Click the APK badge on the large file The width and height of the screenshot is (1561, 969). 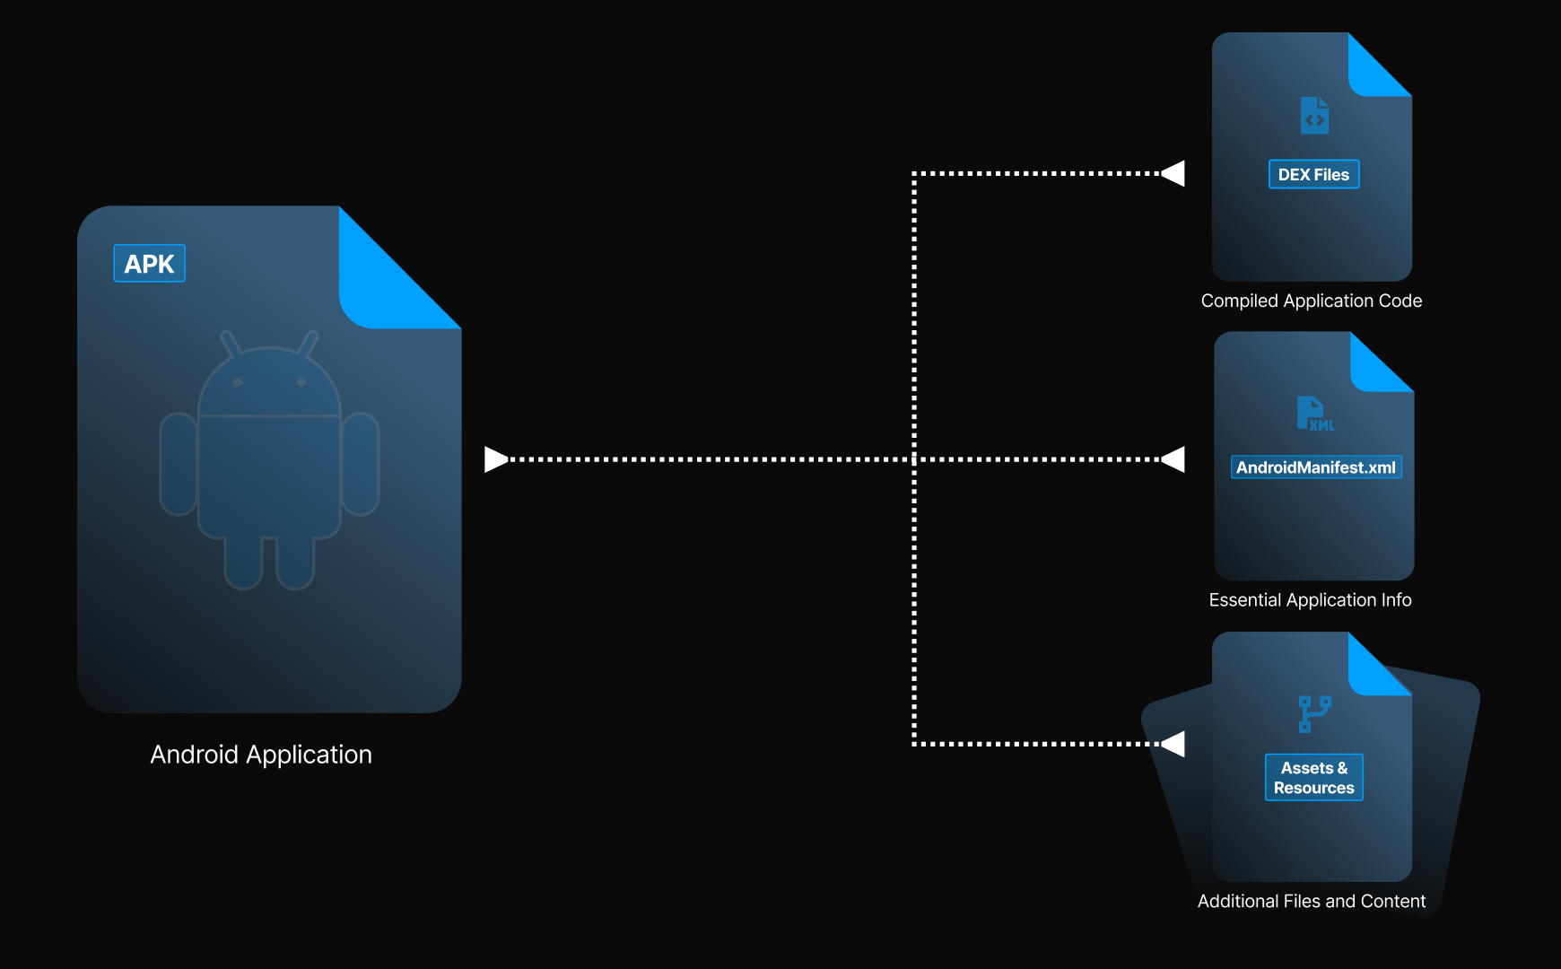pos(149,264)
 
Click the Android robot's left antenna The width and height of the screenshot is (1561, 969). pos(231,343)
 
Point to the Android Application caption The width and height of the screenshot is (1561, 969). pos(261,755)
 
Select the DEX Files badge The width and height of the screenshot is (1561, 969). pos(1313,175)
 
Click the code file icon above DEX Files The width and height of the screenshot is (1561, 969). pos(1314,116)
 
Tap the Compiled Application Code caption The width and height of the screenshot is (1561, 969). pos(1311,301)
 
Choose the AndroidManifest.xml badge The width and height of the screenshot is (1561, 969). pos(1315,467)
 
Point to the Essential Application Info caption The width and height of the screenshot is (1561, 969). pos(1310,600)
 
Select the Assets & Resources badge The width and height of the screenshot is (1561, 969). pos(1313,778)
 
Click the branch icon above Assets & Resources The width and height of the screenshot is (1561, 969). pos(1314,714)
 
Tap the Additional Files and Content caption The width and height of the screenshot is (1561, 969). pos(1311,901)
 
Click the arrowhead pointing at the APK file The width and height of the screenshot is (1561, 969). pos(495,459)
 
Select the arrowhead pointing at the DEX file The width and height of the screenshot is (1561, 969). pos(1174,173)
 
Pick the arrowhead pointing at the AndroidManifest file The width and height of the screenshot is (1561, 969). pos(1174,459)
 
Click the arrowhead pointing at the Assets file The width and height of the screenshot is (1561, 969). pos(1174,744)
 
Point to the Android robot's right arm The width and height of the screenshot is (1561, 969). pos(361,464)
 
